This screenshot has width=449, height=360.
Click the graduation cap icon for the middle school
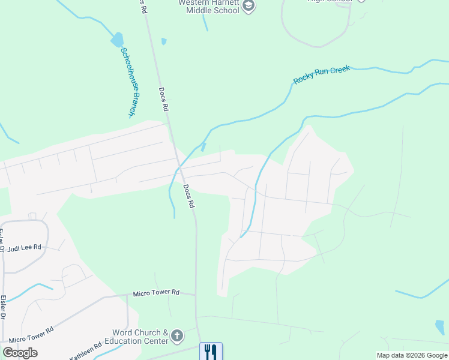(x=249, y=7)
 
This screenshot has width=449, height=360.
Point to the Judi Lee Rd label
(x=23, y=247)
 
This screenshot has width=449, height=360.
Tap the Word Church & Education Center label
(x=140, y=337)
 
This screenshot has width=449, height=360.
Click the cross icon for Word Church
(x=176, y=336)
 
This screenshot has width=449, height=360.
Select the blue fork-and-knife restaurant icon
(x=210, y=351)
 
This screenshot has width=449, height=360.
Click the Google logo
(x=20, y=353)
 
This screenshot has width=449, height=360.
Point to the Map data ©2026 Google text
(x=412, y=355)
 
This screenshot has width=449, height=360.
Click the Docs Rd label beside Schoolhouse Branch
(x=163, y=100)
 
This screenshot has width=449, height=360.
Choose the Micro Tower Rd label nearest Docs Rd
(x=156, y=292)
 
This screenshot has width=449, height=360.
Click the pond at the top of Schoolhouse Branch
(x=117, y=40)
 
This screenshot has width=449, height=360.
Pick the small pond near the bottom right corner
(x=440, y=327)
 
